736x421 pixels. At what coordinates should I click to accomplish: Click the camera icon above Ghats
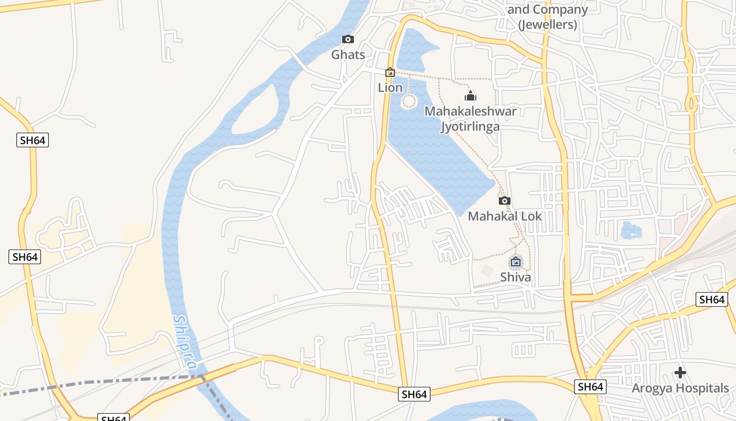tap(347, 39)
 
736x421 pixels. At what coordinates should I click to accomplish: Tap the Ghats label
tap(347, 54)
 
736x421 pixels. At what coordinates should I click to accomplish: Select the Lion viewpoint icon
tap(390, 72)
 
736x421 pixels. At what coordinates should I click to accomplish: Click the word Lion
tap(390, 87)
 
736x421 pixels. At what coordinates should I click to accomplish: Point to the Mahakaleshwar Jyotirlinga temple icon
tap(470, 96)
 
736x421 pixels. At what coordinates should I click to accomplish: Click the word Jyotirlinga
tap(470, 126)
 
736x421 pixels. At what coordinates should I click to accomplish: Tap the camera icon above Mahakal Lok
tap(504, 201)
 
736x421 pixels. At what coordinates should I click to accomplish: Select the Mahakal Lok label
tap(504, 216)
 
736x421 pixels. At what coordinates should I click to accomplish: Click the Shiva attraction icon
tap(516, 262)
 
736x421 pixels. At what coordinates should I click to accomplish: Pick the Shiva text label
tap(515, 277)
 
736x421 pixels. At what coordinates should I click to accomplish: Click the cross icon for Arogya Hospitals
tap(680, 373)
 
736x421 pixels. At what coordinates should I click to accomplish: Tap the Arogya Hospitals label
tap(680, 388)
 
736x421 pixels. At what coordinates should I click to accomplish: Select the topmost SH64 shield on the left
tap(33, 140)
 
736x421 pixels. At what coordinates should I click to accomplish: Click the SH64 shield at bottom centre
tap(414, 394)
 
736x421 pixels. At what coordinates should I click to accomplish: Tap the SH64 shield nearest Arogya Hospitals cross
tap(590, 387)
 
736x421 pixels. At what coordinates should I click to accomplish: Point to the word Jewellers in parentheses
tap(547, 24)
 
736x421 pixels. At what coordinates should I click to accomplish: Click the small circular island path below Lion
tap(409, 101)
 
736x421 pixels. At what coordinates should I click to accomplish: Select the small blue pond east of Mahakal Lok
tap(631, 230)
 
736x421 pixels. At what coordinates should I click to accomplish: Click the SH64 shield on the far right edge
tap(712, 299)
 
